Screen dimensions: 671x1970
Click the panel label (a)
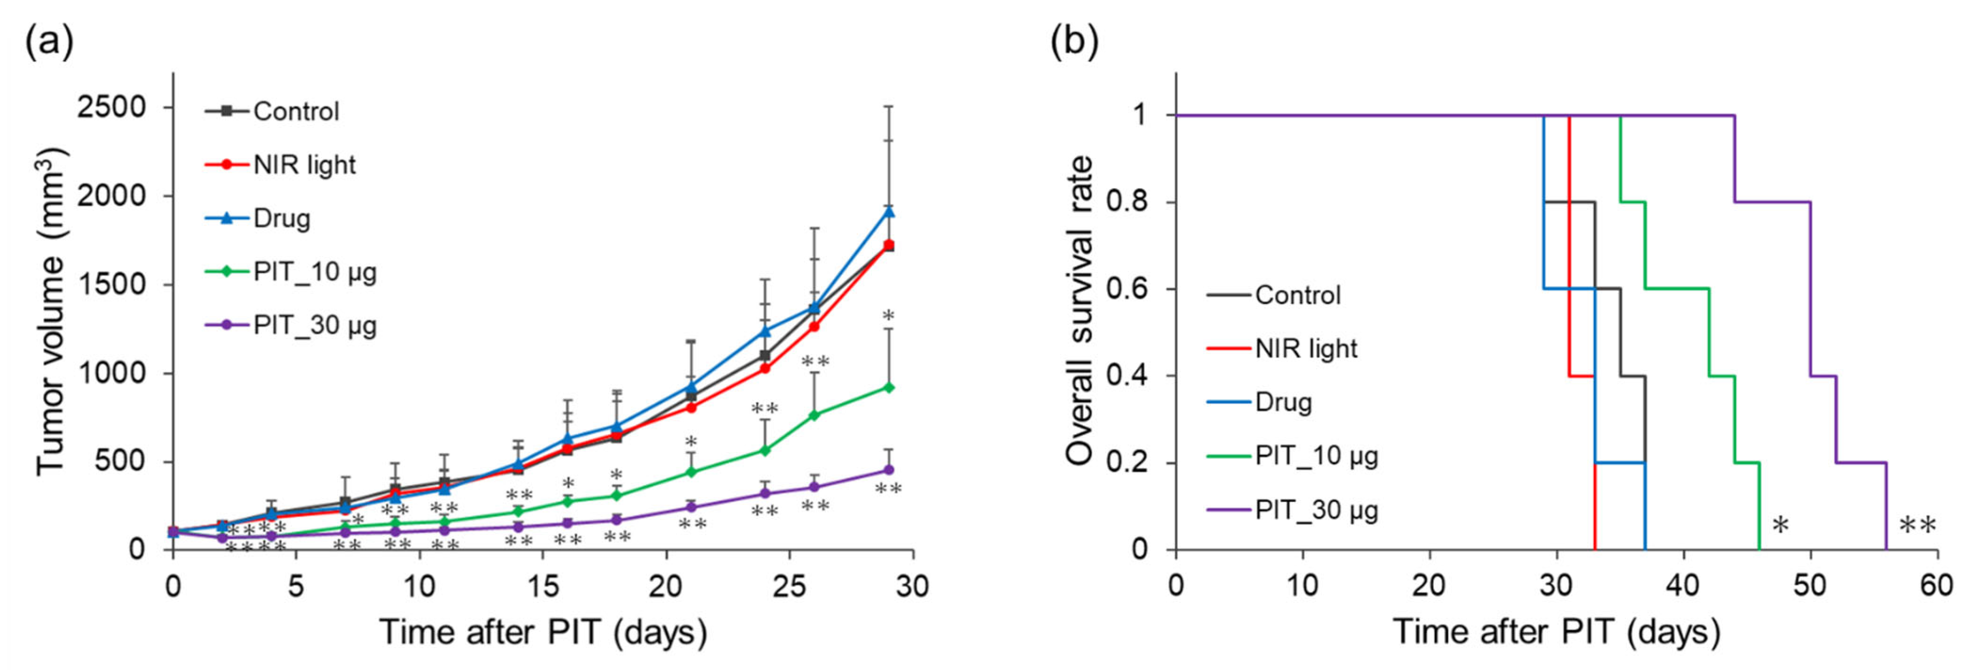[50, 42]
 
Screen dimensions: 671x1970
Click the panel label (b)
[1074, 42]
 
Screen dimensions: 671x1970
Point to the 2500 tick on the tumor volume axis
[111, 107]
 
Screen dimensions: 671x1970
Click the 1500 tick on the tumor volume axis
[111, 284]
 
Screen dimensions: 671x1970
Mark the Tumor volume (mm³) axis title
[52, 312]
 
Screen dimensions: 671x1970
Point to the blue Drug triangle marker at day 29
[889, 211]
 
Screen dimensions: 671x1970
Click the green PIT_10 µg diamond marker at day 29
[889, 387]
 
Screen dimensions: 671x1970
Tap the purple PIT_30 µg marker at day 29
[889, 469]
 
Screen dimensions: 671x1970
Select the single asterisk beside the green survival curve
[1780, 526]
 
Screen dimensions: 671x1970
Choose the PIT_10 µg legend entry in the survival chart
[1315, 456]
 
